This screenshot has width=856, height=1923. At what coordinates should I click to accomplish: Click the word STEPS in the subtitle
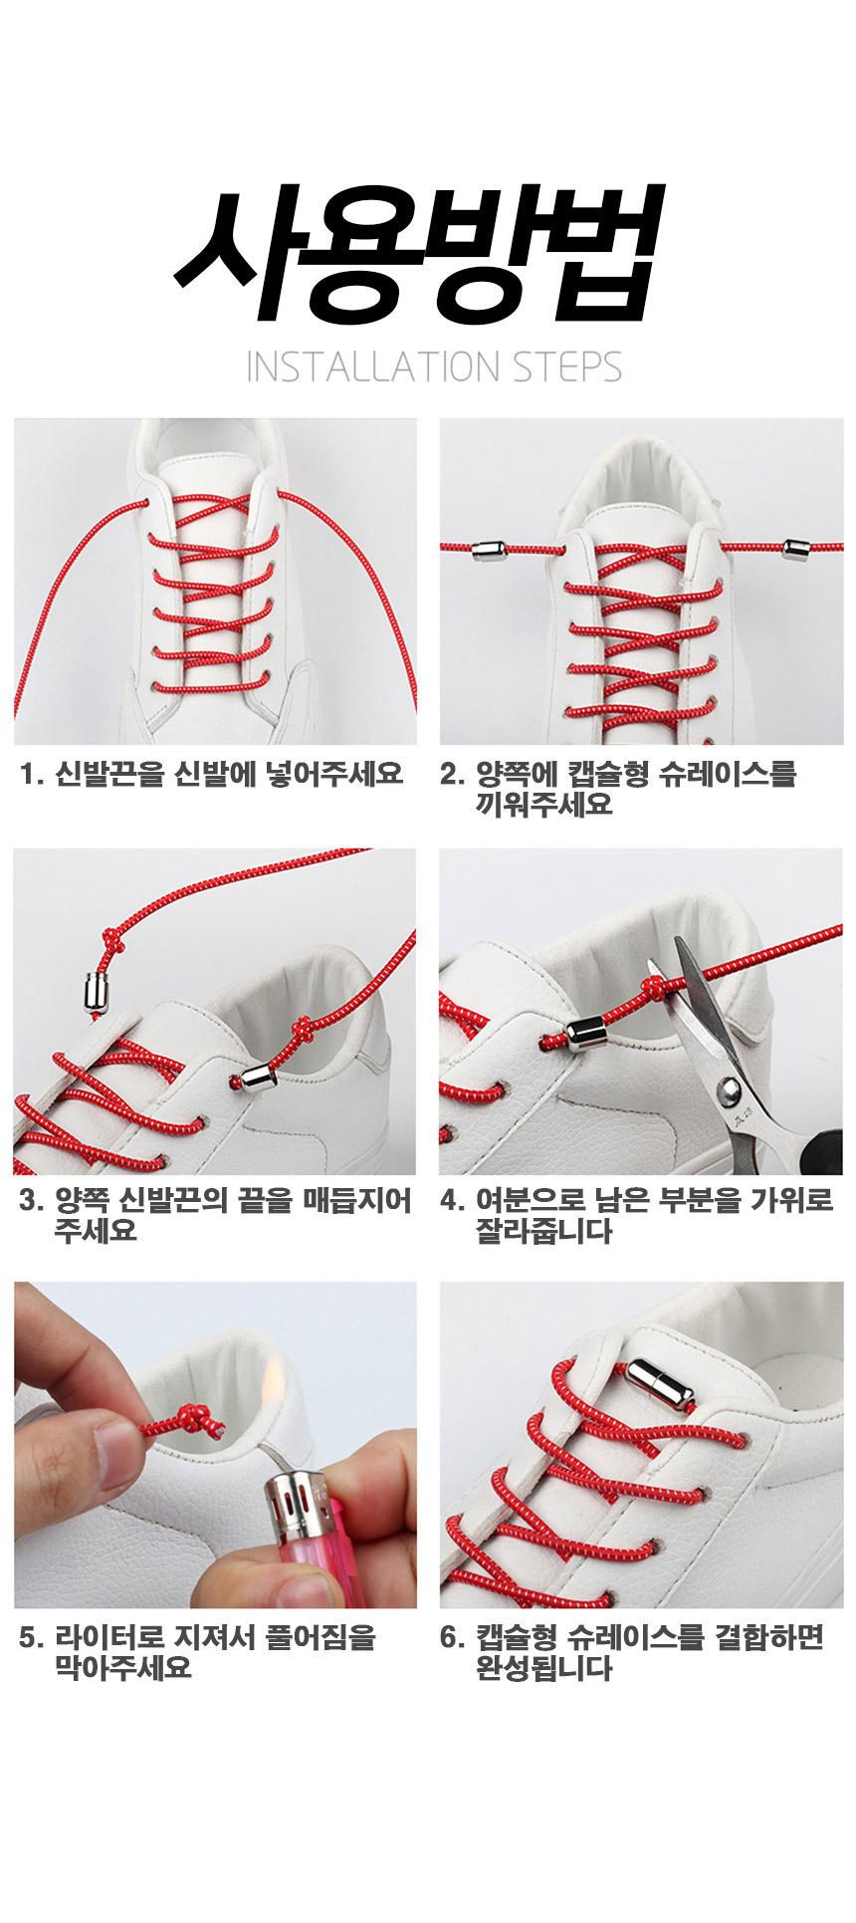point(567,367)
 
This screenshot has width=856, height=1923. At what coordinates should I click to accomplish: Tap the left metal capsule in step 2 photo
point(490,548)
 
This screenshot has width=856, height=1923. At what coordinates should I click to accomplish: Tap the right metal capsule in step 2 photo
point(795,547)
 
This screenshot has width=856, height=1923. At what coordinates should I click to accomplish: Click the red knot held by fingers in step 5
point(194,1420)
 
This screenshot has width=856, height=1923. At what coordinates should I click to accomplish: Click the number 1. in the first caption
point(32,774)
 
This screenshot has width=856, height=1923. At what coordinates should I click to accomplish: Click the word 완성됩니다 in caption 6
point(543,1669)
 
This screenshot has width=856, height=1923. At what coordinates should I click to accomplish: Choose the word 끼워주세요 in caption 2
point(543,805)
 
